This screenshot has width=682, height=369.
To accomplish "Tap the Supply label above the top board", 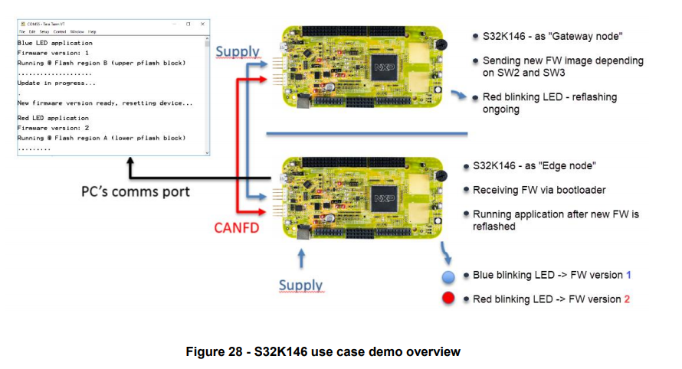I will tap(238, 52).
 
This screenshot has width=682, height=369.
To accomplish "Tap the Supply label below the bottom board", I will tap(300, 286).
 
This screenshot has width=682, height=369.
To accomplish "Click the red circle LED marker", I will tap(449, 298).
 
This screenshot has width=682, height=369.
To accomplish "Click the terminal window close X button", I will tap(203, 24).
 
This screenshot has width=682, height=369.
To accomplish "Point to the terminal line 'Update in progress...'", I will tap(56, 82).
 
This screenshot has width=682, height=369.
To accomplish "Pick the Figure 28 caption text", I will tap(323, 351).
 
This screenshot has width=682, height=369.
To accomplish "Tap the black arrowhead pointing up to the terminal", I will tap(130, 163).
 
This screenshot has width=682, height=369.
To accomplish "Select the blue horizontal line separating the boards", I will tap(366, 135).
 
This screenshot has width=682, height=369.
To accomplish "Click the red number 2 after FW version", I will tap(627, 299).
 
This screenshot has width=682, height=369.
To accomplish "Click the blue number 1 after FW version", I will tap(628, 274).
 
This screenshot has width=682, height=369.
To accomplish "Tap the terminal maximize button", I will tap(188, 24).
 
